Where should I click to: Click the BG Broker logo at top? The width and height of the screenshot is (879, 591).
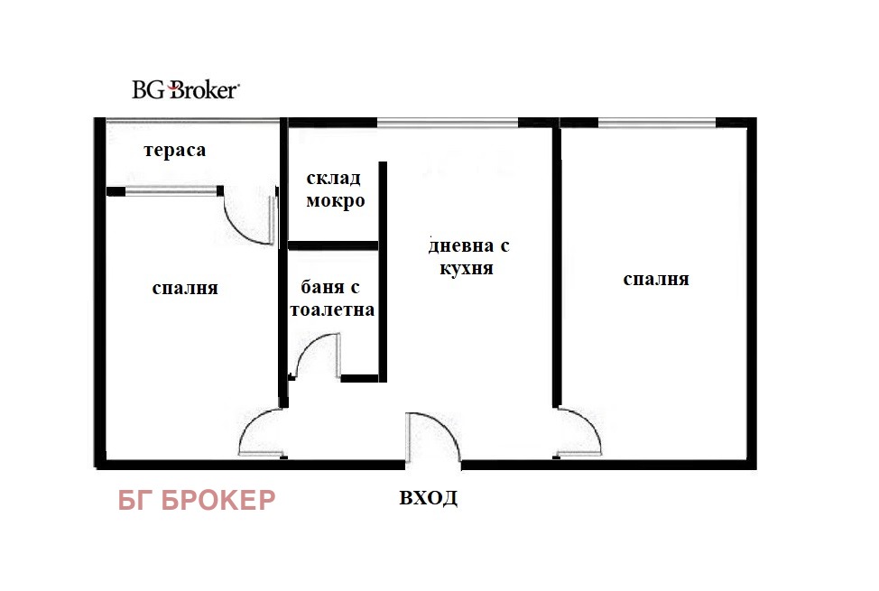[186, 89]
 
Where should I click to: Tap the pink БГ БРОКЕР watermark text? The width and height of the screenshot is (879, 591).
[197, 500]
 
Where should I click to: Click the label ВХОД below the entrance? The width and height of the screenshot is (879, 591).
[429, 497]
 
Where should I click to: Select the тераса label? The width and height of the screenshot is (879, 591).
[175, 151]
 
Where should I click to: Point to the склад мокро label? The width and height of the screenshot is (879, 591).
[335, 189]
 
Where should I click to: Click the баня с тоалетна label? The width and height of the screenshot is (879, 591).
[332, 299]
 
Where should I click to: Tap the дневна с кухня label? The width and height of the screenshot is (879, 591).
[468, 256]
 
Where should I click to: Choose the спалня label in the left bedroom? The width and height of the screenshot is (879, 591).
[185, 288]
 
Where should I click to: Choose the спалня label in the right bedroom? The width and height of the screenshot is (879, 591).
[656, 279]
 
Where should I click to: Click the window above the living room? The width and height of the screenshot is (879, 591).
[448, 122]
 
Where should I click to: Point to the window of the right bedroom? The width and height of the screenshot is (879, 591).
[657, 122]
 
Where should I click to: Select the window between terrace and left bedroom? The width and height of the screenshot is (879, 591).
[171, 191]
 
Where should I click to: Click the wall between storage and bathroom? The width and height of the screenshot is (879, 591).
[333, 245]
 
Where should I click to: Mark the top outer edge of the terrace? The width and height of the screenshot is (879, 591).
[192, 120]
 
